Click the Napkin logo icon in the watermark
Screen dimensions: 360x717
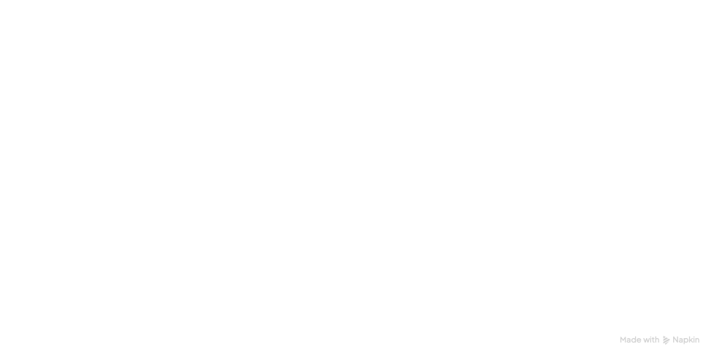point(666,340)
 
